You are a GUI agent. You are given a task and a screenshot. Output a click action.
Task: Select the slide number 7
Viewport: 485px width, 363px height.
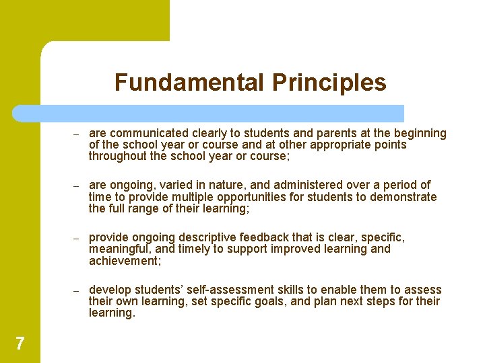click(20, 344)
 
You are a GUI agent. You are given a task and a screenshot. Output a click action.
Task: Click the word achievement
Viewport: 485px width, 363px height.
click(123, 261)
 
